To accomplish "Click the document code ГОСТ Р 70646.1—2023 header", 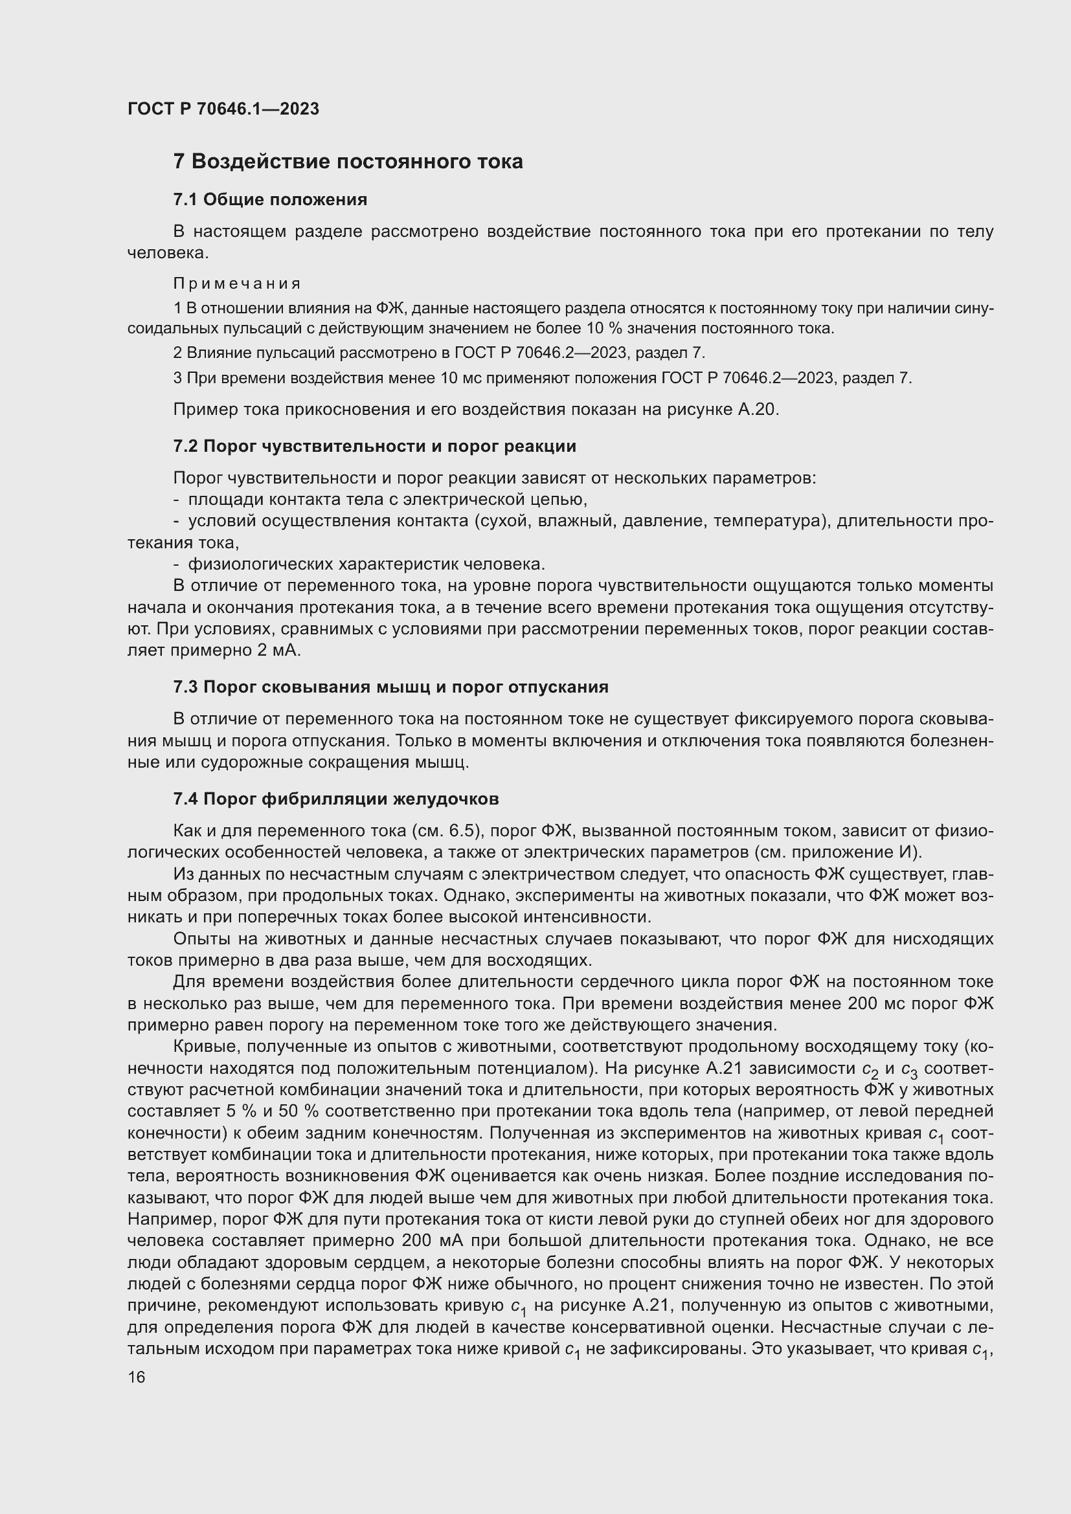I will tap(223, 109).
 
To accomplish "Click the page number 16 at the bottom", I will tap(137, 1377).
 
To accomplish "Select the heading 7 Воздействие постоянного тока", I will tap(348, 162).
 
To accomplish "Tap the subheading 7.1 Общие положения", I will tap(270, 199).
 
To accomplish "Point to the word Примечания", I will tap(237, 284).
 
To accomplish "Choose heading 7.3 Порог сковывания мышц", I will tap(390, 687).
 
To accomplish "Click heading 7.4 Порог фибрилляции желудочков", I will tap(335, 799).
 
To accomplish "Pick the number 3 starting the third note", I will tap(177, 379).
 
